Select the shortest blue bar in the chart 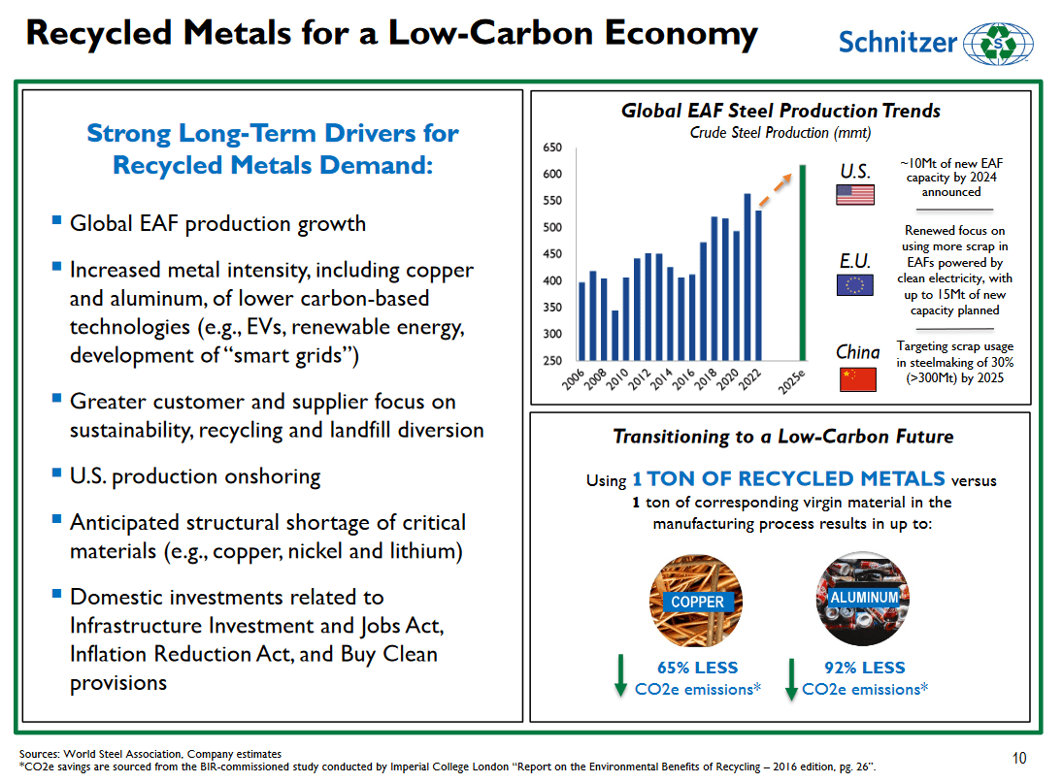(615, 335)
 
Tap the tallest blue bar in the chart (747, 277)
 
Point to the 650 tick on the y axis (551, 147)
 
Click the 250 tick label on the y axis (551, 361)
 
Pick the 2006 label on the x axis (575, 382)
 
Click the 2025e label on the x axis (794, 384)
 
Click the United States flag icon (854, 195)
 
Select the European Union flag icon (854, 285)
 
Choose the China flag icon (857, 378)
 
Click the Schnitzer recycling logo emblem (999, 44)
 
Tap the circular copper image (696, 602)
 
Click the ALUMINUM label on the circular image (864, 597)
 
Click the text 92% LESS (864, 668)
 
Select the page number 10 (1018, 758)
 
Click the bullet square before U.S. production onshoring (56, 474)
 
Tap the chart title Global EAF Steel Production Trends (781, 111)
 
